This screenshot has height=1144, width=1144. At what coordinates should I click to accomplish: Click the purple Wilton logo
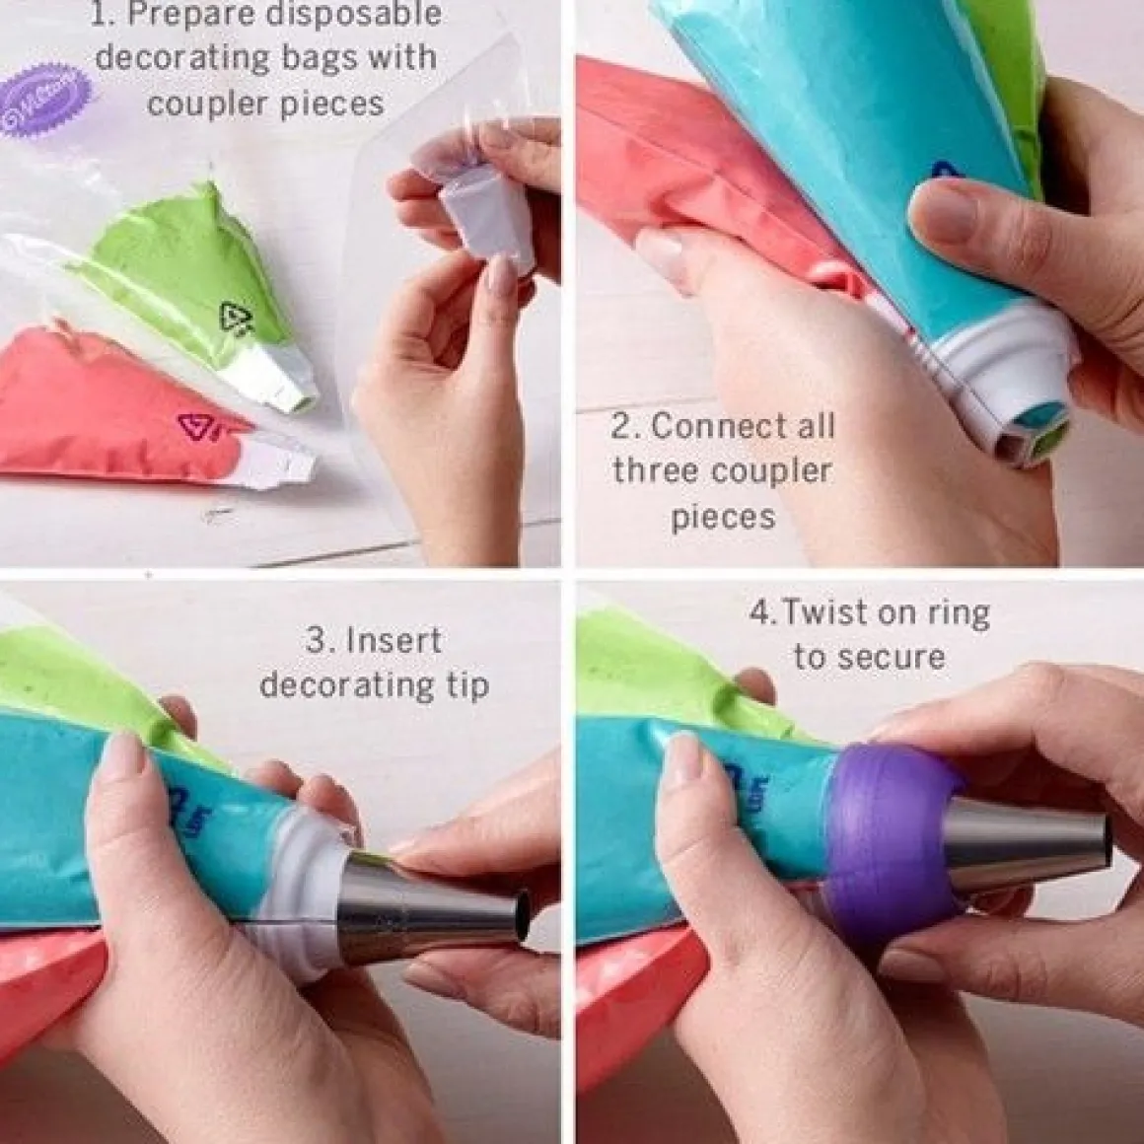point(45,100)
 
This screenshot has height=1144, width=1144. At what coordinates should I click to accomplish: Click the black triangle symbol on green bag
point(236,318)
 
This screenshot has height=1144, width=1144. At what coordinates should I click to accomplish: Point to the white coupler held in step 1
point(487,212)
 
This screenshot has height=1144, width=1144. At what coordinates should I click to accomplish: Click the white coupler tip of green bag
point(271,376)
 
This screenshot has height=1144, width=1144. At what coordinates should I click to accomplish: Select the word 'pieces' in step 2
point(723,518)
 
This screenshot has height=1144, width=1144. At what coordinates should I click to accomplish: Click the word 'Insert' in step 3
point(393,641)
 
